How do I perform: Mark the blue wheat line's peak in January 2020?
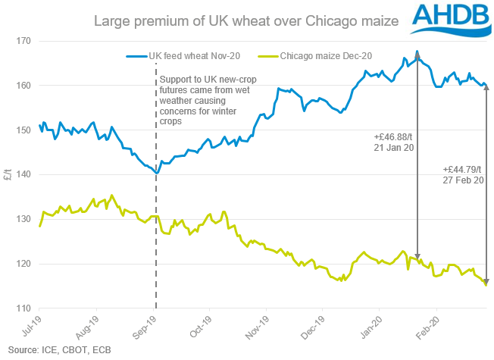click(x=417, y=52)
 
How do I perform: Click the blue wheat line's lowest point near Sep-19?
click(x=156, y=173)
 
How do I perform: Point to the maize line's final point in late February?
click(x=486, y=285)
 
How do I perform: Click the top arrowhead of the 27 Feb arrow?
click(x=486, y=87)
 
